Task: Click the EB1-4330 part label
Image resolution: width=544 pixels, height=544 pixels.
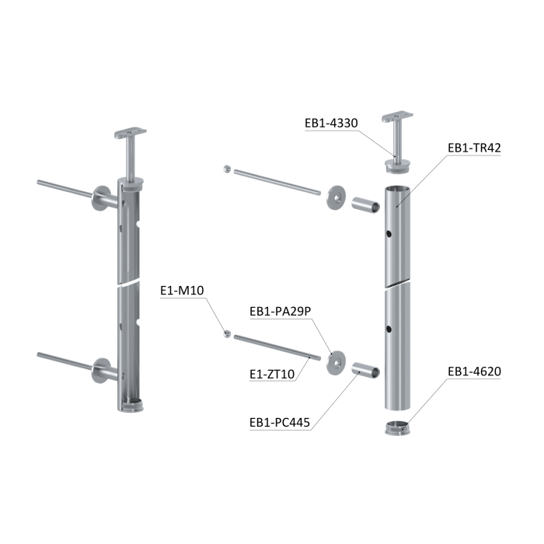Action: tap(331, 123)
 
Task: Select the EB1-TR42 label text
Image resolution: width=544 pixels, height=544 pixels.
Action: tap(474, 148)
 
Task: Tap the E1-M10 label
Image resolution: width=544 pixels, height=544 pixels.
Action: tap(182, 291)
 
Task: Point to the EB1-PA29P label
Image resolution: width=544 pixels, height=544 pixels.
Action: tap(281, 312)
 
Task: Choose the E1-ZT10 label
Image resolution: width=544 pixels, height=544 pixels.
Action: tap(272, 374)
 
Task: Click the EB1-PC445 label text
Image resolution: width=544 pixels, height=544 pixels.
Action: tap(280, 423)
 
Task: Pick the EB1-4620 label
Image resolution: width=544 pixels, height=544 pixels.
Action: tap(474, 371)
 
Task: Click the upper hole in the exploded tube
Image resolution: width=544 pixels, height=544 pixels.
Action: tap(389, 234)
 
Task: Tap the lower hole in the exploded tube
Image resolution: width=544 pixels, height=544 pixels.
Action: tap(389, 329)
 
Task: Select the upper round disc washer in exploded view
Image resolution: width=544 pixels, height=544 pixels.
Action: tap(337, 197)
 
